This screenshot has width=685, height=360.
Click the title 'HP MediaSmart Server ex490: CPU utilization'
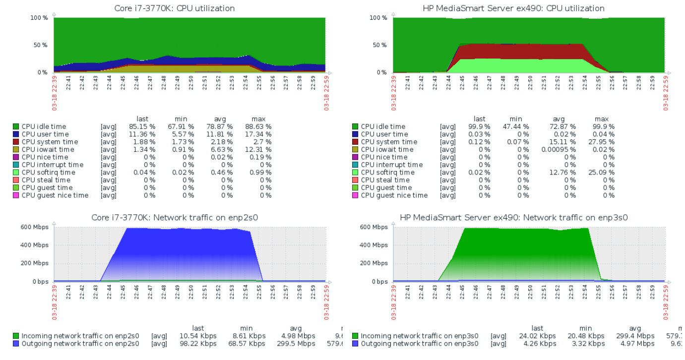(x=513, y=8)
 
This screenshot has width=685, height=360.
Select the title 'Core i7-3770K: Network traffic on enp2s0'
(x=175, y=218)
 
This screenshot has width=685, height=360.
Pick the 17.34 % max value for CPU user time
(x=258, y=134)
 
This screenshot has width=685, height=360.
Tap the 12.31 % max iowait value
(x=258, y=150)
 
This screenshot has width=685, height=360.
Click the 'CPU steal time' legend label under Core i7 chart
(x=46, y=180)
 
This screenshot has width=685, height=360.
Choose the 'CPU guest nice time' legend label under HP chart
(x=394, y=195)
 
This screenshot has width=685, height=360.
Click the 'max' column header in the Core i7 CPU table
(x=258, y=119)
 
